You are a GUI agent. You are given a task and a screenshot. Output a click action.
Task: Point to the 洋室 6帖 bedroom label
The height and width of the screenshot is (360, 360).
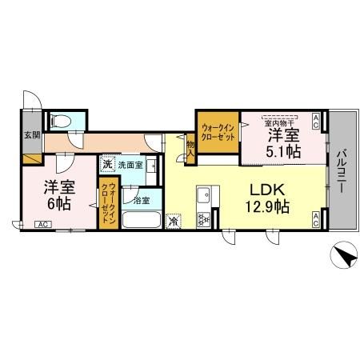[58, 196]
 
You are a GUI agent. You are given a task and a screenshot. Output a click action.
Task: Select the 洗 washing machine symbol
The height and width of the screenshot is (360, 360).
[108, 165]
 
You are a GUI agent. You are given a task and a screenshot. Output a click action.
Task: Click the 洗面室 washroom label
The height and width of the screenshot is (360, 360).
[130, 166]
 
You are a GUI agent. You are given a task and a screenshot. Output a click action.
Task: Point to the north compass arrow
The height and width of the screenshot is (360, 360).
[342, 258]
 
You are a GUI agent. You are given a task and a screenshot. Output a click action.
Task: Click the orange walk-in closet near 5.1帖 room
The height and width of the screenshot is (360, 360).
[218, 132]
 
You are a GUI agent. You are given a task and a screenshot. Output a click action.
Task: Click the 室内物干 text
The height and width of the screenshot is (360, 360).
[281, 123]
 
